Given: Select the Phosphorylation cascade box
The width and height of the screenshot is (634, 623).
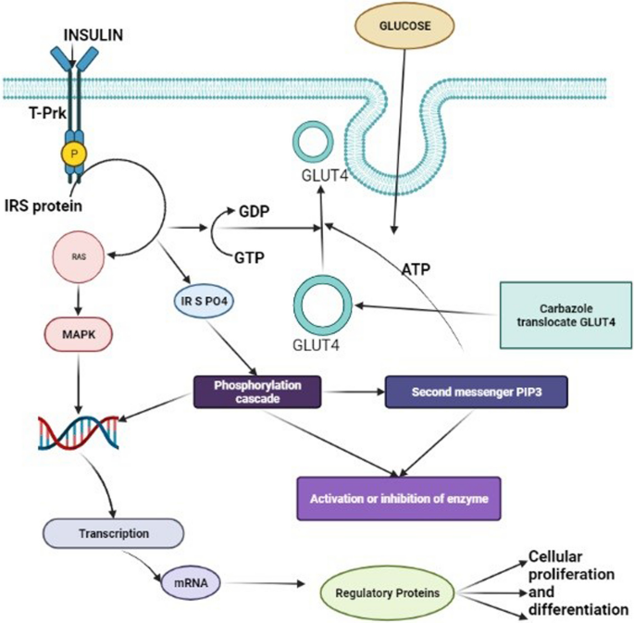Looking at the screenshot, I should (255, 391).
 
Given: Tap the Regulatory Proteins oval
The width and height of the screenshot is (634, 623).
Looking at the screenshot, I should (393, 592).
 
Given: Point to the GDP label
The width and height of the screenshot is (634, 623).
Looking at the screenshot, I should (252, 212).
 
